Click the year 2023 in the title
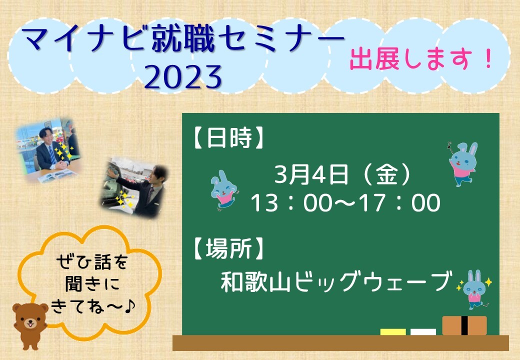[x=183, y=77]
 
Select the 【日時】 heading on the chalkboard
[x=228, y=137]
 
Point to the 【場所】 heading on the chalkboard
[x=228, y=248]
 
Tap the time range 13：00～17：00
[x=345, y=203]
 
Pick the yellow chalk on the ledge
[x=393, y=332]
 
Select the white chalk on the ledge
[x=423, y=332]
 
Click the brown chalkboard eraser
[x=464, y=325]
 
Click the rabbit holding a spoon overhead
[x=463, y=164]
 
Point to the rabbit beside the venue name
[x=474, y=289]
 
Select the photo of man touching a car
[x=134, y=187]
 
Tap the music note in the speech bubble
[x=129, y=306]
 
